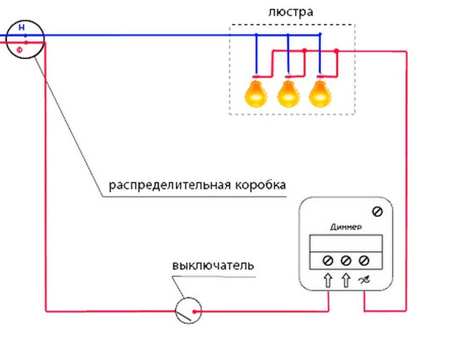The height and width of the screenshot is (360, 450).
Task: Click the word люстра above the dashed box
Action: coord(290,12)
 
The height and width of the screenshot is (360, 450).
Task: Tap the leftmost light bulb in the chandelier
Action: coord(256,93)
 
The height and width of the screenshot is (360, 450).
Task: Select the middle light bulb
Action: coord(288,93)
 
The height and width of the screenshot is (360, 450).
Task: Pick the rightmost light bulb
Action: coord(319,93)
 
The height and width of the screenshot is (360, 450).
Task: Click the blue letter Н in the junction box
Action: coord(21,28)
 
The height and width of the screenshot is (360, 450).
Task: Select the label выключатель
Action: coord(213,266)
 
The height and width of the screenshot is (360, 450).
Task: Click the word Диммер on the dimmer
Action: coord(346,227)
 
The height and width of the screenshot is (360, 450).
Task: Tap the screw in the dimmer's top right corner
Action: coord(377,212)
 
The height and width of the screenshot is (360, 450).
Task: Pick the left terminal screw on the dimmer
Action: coord(327,261)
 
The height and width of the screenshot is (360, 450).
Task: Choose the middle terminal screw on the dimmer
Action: coord(346,261)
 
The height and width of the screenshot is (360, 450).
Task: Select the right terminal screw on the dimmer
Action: coord(364,261)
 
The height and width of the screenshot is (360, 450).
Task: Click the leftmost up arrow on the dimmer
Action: coord(328,280)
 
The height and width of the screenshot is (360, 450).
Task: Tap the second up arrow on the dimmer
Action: coord(346,280)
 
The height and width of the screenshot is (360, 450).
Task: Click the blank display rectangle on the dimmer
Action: coord(346,243)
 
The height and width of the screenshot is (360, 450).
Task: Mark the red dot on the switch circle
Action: coord(195,312)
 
